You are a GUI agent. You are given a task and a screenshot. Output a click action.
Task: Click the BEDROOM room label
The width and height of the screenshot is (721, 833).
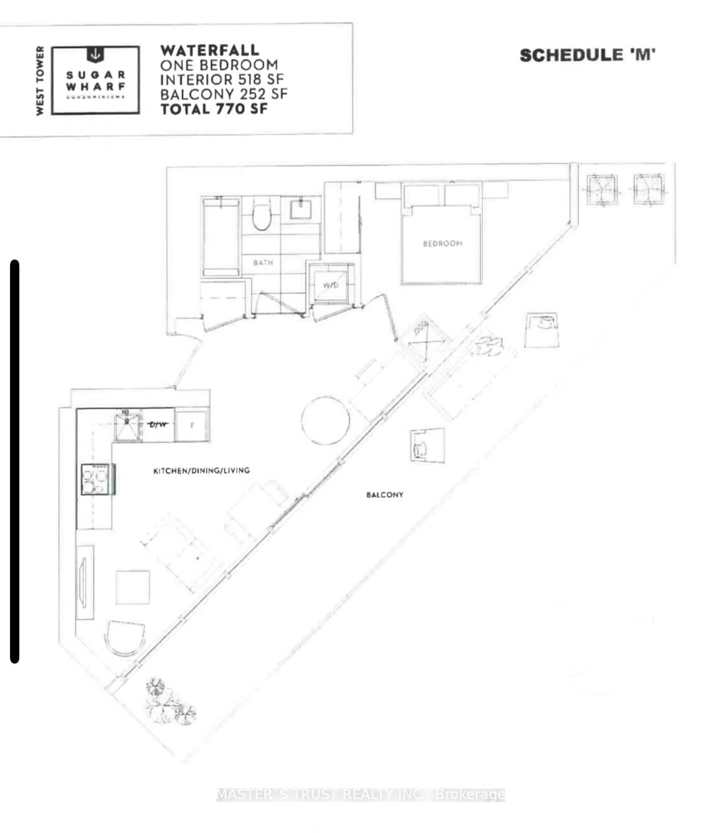coord(442,243)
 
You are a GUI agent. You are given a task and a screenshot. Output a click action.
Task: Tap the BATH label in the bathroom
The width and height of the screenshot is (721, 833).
coord(263,263)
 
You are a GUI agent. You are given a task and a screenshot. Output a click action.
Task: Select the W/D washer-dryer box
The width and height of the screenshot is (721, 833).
coord(330,285)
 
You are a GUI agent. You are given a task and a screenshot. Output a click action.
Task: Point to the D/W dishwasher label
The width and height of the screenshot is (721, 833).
coord(158,424)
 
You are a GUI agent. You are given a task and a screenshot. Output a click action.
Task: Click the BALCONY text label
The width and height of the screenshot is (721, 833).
coord(385,495)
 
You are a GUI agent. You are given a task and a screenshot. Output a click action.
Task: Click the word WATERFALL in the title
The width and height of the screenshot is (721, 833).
coord(210,51)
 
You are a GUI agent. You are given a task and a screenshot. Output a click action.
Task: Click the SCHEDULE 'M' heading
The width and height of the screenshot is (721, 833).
coord(588,55)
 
